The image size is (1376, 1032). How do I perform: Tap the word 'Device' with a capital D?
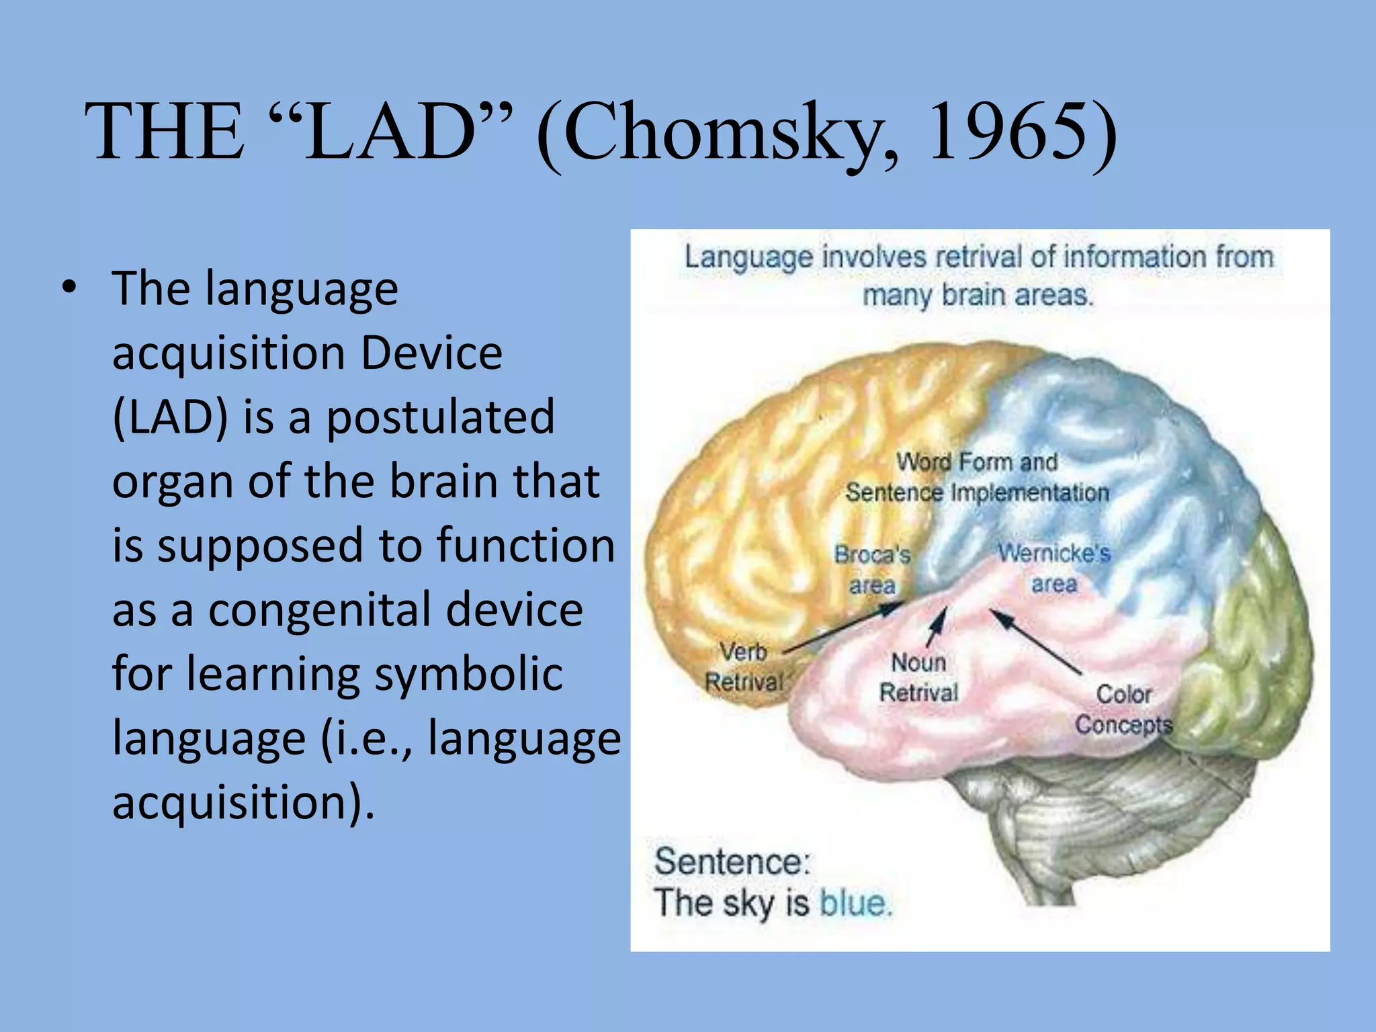(x=431, y=353)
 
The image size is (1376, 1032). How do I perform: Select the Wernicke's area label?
(x=1053, y=568)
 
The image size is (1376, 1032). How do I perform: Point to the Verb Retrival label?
(x=743, y=666)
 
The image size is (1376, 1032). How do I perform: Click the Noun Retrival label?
(x=918, y=677)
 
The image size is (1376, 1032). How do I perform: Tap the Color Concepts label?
(x=1123, y=709)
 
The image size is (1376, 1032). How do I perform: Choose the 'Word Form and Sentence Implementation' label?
(x=977, y=477)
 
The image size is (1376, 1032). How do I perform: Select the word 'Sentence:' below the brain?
(x=732, y=862)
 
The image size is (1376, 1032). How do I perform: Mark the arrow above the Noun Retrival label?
(x=937, y=626)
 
